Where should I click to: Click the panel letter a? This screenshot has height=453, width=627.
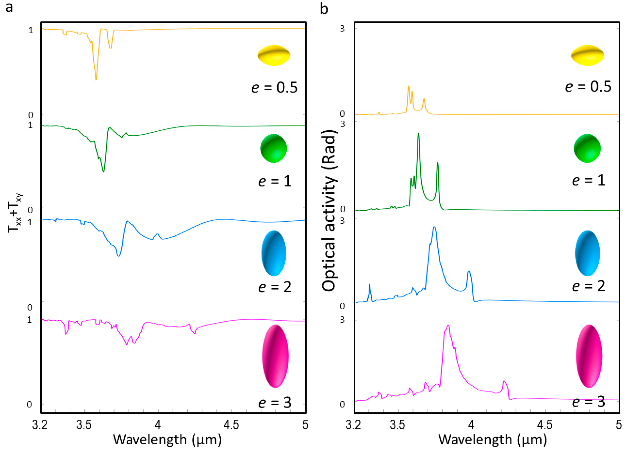(9, 8)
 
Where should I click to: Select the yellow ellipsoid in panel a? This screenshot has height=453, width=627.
(274, 55)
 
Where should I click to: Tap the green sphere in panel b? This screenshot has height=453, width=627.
(587, 148)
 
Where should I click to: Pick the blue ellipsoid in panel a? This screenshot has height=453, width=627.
(274, 253)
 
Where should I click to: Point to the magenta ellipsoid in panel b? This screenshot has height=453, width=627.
(589, 356)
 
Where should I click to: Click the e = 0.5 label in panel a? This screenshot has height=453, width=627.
(274, 87)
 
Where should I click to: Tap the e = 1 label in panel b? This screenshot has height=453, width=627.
(589, 180)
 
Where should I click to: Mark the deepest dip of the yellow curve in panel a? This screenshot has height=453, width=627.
(96, 80)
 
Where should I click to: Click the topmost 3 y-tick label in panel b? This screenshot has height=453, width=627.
(342, 29)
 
